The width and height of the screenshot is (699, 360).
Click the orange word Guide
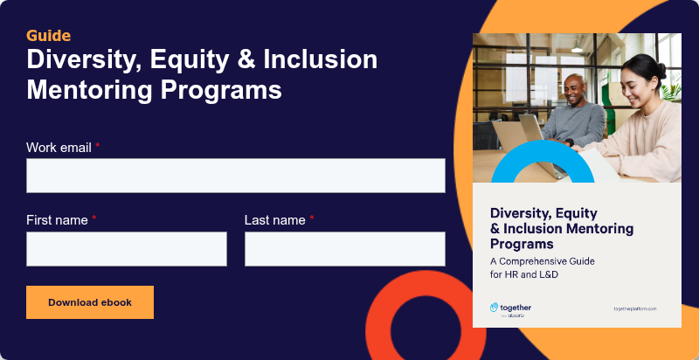coord(48,36)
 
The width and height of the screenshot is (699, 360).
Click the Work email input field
coord(235,176)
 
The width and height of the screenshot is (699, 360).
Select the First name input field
coord(127,249)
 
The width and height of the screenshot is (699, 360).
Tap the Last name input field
coord(344,249)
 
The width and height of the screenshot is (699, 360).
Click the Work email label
coord(59,148)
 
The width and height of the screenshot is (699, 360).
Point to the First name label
coord(57,220)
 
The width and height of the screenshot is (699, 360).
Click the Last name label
coord(274,220)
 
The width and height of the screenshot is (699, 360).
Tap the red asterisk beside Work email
coord(98,147)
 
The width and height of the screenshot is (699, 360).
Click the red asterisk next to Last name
coord(312,219)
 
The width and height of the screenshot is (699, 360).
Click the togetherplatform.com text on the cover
coord(634,309)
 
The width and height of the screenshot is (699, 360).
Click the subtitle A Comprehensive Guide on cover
coord(540,260)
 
